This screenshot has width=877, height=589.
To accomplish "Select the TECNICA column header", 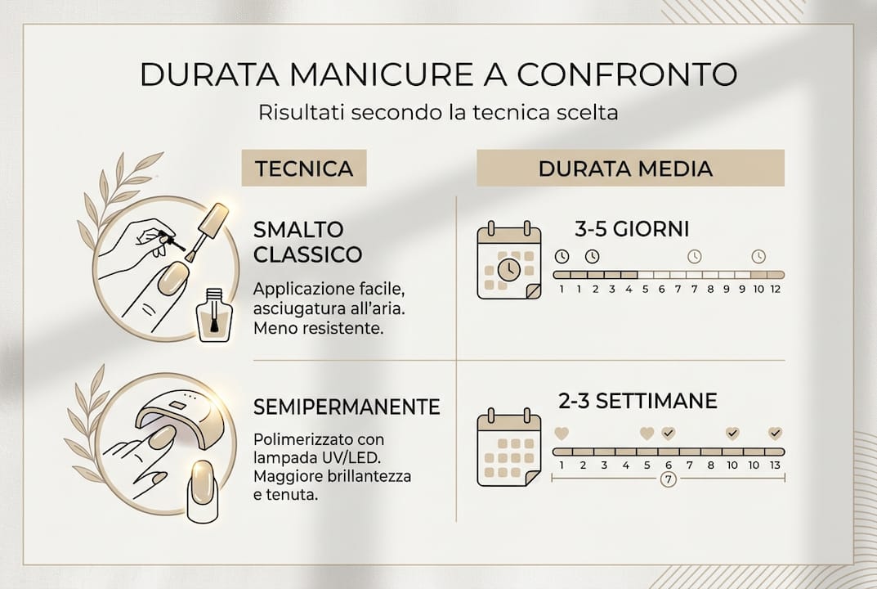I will pyautogui.click(x=304, y=169).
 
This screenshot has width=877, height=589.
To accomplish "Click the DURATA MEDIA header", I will pyautogui.click(x=625, y=169).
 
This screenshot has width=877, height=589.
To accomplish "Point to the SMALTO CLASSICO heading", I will pyautogui.click(x=307, y=241).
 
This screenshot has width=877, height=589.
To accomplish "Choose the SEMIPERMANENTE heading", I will pyautogui.click(x=347, y=407).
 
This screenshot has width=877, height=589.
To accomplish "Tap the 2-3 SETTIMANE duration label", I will pyautogui.click(x=638, y=402).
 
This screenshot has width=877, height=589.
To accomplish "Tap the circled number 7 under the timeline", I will pyautogui.click(x=668, y=479).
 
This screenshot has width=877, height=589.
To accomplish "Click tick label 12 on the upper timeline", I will pyautogui.click(x=775, y=289).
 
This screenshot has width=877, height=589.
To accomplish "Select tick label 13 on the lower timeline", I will pyautogui.click(x=775, y=465).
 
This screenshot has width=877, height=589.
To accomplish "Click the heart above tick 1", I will pyautogui.click(x=562, y=434).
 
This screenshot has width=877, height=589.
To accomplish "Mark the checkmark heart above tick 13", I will pyautogui.click(x=775, y=434).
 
